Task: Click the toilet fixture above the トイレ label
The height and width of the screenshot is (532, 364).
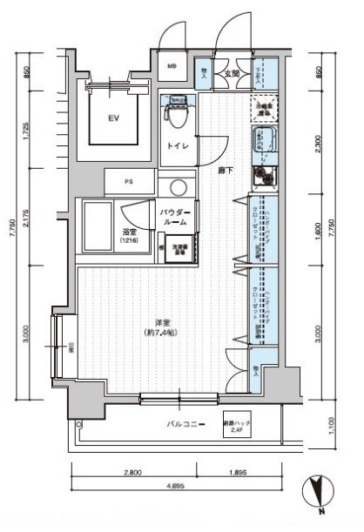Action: (176, 111)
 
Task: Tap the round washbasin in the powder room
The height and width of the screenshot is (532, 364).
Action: (179, 187)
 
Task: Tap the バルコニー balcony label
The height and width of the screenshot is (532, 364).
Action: (186, 424)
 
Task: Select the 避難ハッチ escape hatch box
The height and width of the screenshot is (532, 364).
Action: (237, 423)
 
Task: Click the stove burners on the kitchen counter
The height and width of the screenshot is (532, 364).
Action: (262, 177)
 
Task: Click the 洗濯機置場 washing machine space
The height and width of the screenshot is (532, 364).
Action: (181, 250)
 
